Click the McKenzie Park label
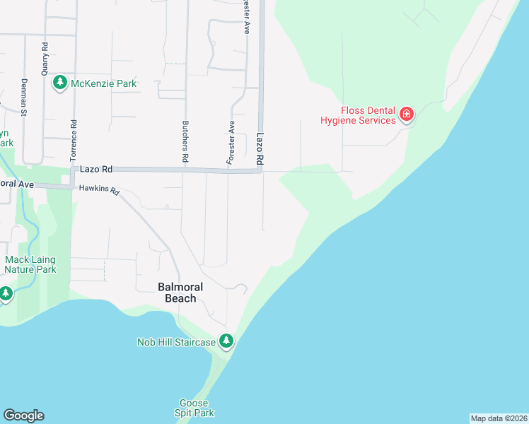click(103, 84)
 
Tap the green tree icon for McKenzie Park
click(60, 83)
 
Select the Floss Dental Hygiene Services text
click(368, 115)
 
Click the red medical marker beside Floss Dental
click(406, 114)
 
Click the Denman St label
click(23, 97)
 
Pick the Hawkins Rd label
click(100, 190)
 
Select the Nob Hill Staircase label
click(176, 342)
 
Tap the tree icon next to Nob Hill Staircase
click(226, 341)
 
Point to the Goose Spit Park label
click(194, 407)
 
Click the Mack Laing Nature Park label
click(30, 264)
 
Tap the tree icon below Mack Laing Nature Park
click(6, 293)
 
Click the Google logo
click(23, 416)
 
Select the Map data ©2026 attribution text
click(499, 418)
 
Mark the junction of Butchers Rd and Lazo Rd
click(185, 170)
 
